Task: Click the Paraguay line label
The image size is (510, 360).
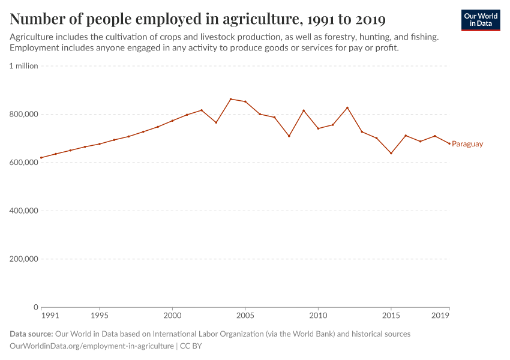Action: coord(467,144)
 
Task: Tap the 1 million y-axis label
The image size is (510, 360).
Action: coord(24,66)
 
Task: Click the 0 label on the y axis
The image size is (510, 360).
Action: coord(35,307)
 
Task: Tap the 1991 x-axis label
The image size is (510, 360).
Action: coord(50,315)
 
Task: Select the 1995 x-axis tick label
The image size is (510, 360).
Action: coord(100,315)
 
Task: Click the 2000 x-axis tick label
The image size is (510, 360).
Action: coord(172,315)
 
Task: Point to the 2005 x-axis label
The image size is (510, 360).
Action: coord(245,315)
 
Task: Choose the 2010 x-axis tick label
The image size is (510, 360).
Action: coord(318,315)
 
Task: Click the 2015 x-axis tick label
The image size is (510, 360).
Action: coord(391,315)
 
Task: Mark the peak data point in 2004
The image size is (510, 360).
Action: coord(230,99)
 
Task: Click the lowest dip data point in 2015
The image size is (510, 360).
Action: coord(391,153)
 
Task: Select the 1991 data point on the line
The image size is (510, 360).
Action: coord(41,158)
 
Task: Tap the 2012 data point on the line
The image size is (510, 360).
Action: coord(347,107)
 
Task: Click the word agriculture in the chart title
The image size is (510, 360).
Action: coord(257,20)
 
